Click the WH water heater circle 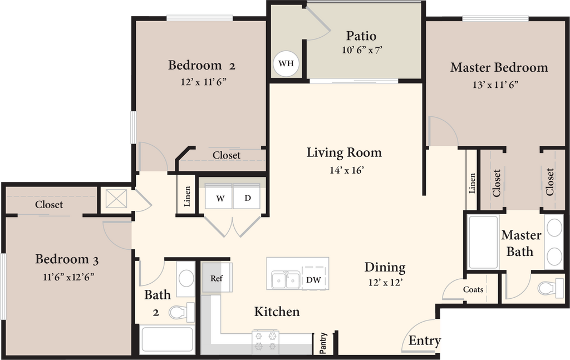pyautogui.click(x=286, y=63)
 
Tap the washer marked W pyautogui.click(x=219, y=196)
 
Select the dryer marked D pyautogui.click(x=247, y=196)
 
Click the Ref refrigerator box pyautogui.click(x=217, y=278)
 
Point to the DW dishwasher pyautogui.click(x=314, y=279)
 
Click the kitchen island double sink pyautogui.click(x=286, y=279)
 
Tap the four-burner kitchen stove pyautogui.click(x=266, y=341)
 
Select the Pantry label pyautogui.click(x=323, y=343)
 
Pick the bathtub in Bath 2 pyautogui.click(x=167, y=339)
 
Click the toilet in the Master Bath pyautogui.click(x=551, y=288)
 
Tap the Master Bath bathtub pyautogui.click(x=484, y=241)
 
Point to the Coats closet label pyautogui.click(x=473, y=289)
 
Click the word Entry pyautogui.click(x=424, y=341)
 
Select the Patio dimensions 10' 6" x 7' pyautogui.click(x=362, y=50)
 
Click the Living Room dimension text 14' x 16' pyautogui.click(x=347, y=170)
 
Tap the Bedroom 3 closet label pyautogui.click(x=49, y=205)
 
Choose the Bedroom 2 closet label pyautogui.click(x=227, y=155)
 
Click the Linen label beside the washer pyautogui.click(x=187, y=196)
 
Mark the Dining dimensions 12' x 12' pyautogui.click(x=385, y=282)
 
